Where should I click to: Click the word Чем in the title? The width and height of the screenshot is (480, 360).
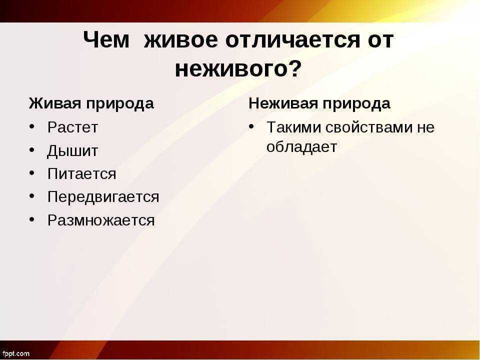point(106,40)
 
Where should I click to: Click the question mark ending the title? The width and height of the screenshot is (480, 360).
point(295,67)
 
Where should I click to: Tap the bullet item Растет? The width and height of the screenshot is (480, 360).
point(72,127)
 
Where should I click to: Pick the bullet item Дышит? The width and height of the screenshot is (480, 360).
point(72,151)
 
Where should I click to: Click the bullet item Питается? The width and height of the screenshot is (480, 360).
point(81,174)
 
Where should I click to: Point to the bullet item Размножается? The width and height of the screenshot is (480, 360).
point(101,220)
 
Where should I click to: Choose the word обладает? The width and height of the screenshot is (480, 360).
point(301,147)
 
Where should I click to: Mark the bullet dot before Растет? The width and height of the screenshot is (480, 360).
point(32,126)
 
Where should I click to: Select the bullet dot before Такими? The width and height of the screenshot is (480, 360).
point(251,126)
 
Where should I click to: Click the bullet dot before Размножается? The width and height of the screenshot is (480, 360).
point(32,220)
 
